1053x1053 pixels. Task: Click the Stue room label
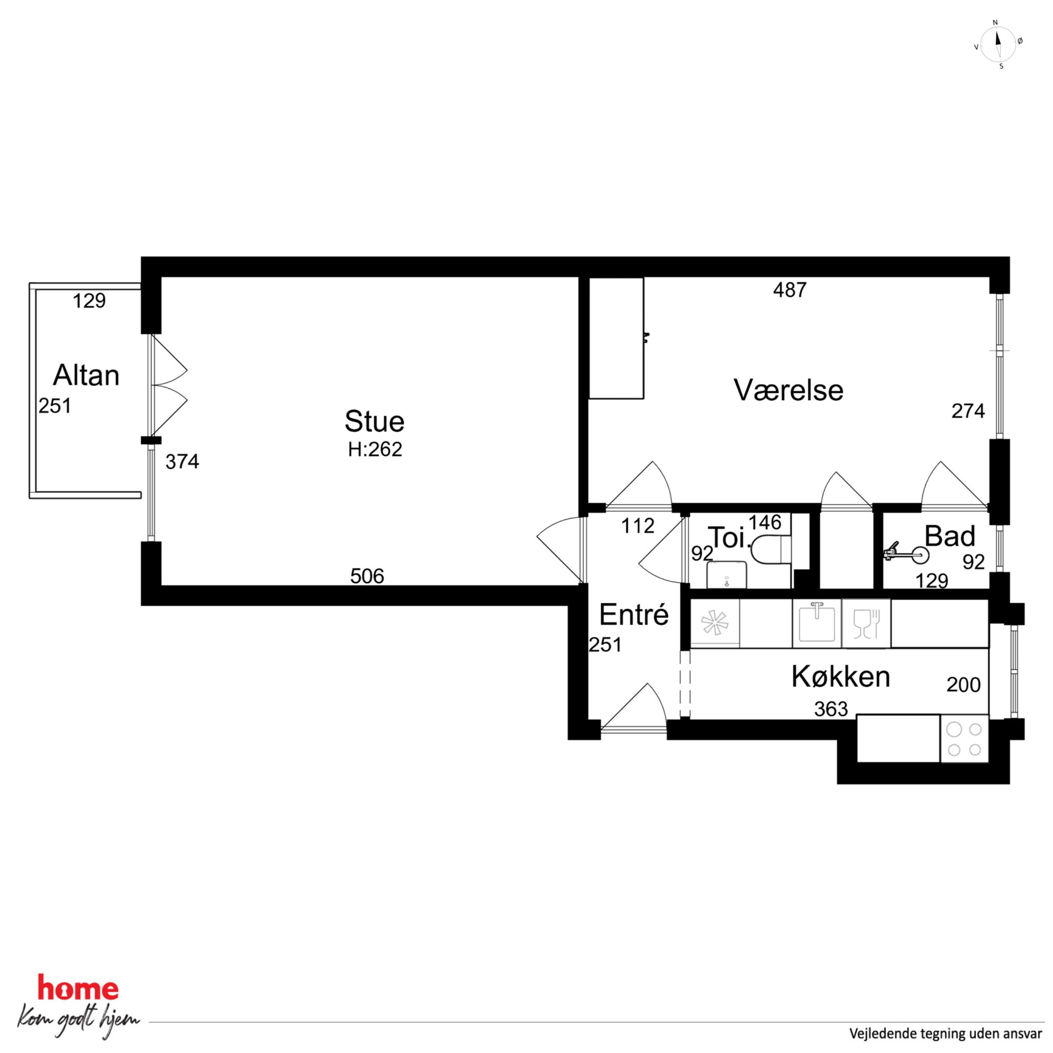pos(374,421)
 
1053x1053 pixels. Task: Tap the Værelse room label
pos(788,390)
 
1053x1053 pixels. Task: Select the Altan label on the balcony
pos(86,376)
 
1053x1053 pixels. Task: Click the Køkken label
pos(841,677)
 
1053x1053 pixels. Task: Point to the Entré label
pos(634,615)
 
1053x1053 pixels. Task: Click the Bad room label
pos(950,536)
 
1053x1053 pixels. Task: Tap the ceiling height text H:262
pos(375,449)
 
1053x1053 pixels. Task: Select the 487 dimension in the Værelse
pos(790,290)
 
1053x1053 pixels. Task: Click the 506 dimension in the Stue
pos(367,576)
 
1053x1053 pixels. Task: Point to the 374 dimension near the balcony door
pos(182,462)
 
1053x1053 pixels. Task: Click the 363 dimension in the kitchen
pos(831,709)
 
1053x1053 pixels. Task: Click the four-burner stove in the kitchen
pos(964,738)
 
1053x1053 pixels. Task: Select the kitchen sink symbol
pos(816,623)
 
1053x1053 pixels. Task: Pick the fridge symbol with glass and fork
pos(866,624)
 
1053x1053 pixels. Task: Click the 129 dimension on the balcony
pos(89,301)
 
